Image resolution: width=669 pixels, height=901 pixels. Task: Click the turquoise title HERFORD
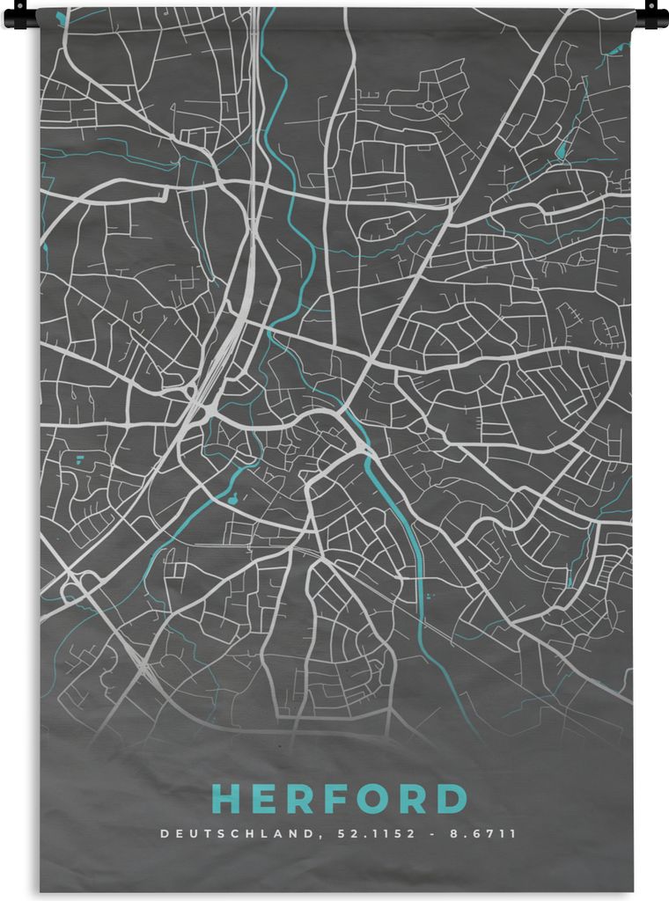pos(339,799)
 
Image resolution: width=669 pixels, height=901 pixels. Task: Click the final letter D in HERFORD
pos(452,799)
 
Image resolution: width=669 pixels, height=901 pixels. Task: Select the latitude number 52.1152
pos(369,833)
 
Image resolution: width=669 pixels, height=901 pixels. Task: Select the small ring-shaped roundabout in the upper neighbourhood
pos(430,106)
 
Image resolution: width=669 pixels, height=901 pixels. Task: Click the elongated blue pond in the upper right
pos(560,150)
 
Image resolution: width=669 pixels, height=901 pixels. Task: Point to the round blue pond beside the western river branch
pos(232,500)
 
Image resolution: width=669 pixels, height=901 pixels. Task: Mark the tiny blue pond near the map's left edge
pos(80,458)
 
